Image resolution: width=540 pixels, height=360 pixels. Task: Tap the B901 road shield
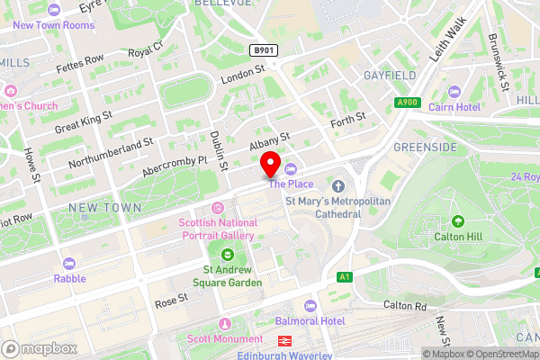tap(263, 51)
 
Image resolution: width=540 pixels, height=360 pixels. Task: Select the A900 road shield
tap(409, 103)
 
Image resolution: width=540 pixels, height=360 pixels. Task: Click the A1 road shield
tap(343, 277)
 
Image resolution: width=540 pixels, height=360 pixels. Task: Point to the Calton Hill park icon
tap(458, 221)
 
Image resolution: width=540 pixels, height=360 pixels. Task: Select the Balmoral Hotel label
tap(351, 321)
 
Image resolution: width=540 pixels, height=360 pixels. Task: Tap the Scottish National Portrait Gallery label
tap(217, 229)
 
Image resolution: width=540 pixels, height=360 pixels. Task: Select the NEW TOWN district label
tap(105, 208)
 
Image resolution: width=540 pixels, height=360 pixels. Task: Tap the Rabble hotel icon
tap(69, 264)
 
